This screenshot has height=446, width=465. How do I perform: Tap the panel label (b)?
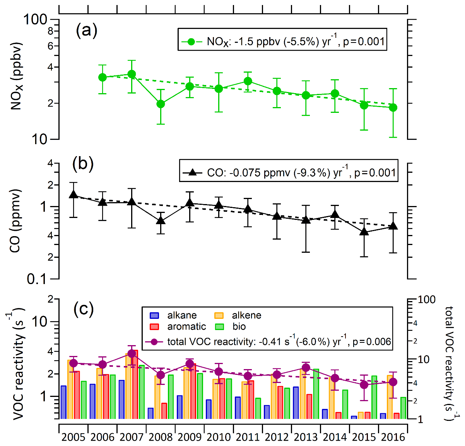[x=83, y=164]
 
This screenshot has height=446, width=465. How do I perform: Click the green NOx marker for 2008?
[x=161, y=104]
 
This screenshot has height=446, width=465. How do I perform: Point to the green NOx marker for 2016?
[x=393, y=107]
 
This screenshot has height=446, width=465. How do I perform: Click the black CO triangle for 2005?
[x=74, y=195]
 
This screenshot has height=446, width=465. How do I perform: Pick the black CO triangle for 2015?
[x=364, y=232]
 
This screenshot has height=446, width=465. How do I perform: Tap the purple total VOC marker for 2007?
[x=132, y=353]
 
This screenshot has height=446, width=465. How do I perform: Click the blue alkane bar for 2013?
[x=296, y=402]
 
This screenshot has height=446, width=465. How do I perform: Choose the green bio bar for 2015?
[x=374, y=397]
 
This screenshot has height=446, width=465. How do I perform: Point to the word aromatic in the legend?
[x=186, y=327]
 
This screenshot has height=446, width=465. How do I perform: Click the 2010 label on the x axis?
[x=219, y=437]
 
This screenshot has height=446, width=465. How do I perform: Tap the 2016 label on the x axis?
[x=393, y=437]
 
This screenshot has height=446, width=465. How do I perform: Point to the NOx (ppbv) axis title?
[x=16, y=76]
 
